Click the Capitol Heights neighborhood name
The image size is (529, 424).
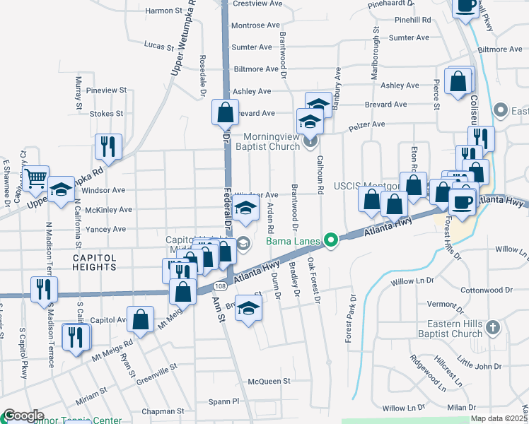94,263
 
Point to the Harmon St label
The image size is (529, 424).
163,11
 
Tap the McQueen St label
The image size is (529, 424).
269,381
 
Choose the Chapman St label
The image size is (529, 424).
163,411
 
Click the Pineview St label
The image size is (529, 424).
105,90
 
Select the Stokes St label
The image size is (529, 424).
107,113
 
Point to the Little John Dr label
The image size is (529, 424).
479,366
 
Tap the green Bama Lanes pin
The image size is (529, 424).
330,242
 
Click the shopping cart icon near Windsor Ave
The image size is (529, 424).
36,177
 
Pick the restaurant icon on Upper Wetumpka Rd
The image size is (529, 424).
108,146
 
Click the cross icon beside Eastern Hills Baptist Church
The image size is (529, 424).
494,327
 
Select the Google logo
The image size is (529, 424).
23,416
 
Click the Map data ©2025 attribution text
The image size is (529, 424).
499,418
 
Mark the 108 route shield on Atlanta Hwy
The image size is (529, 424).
221,286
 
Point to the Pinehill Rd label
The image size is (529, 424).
414,20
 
